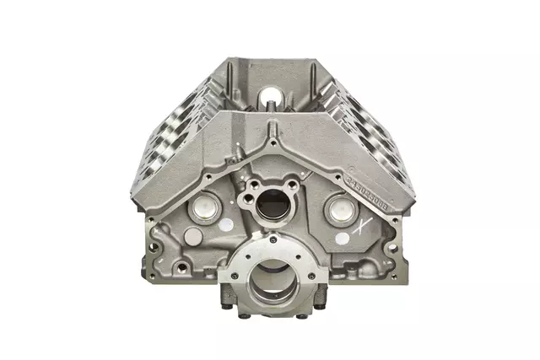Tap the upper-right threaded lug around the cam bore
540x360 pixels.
[x=296, y=181]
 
